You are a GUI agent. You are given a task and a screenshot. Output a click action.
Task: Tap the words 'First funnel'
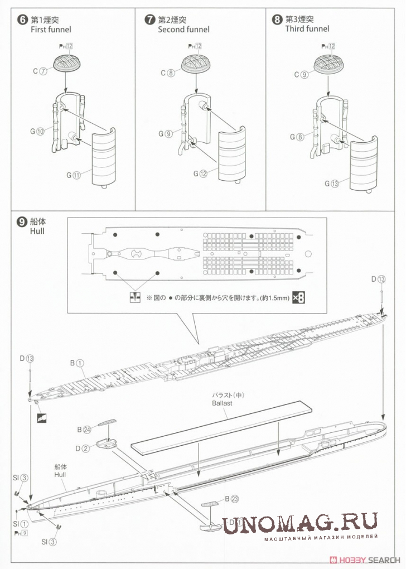(x=51, y=30)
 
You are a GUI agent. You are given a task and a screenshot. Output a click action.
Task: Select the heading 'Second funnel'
(x=183, y=30)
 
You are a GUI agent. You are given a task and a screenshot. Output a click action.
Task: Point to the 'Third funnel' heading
(x=307, y=28)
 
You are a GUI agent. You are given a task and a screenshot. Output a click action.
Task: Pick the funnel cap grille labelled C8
(x=196, y=64)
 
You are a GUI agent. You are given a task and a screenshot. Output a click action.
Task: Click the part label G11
(x=73, y=175)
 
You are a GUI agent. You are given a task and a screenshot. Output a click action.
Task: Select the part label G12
(x=200, y=174)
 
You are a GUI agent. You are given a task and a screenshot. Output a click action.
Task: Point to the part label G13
(x=332, y=184)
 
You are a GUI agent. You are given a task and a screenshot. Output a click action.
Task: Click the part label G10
(x=37, y=131)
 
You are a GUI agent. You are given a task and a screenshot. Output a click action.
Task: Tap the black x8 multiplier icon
(x=298, y=298)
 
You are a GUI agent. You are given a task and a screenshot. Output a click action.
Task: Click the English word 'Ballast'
(x=222, y=403)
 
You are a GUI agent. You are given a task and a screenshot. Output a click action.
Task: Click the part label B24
(x=84, y=430)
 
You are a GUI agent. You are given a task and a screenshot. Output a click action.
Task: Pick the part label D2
(x=82, y=449)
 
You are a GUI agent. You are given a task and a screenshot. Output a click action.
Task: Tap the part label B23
(x=232, y=499)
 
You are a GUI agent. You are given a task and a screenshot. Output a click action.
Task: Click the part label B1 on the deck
(x=77, y=363)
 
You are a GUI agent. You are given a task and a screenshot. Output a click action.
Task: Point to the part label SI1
(x=20, y=524)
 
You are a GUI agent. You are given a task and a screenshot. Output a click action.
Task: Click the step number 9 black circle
(x=22, y=221)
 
